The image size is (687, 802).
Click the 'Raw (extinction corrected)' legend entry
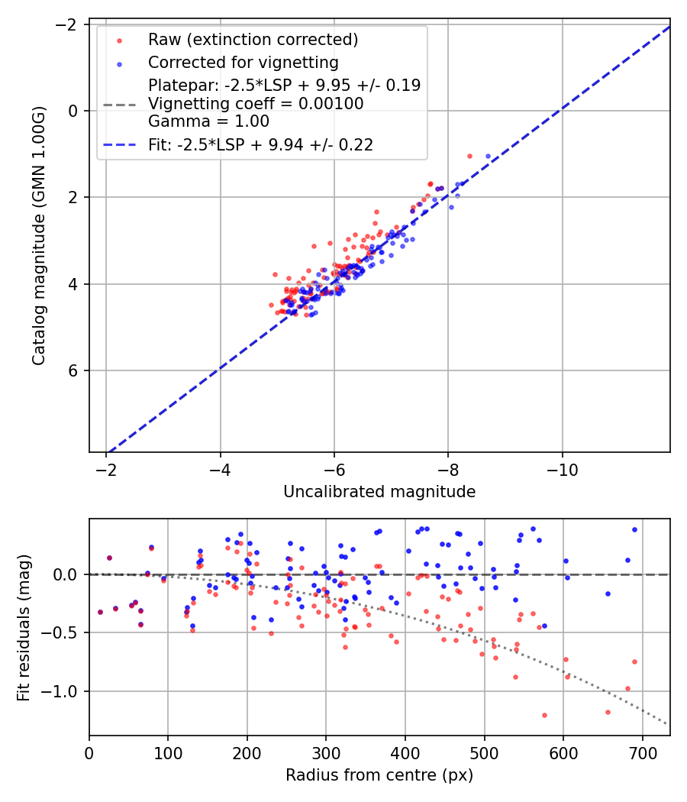tap(253, 40)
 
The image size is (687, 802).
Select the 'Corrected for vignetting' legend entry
tap(243, 62)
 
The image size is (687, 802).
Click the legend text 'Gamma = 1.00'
tap(208, 121)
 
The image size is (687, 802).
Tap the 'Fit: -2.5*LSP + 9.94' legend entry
tap(260, 145)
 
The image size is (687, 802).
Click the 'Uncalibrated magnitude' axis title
tap(379, 492)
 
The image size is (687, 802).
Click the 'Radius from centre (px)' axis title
tap(379, 775)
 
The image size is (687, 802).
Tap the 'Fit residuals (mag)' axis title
tap(24, 627)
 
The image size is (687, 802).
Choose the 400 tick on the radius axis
tap(405, 752)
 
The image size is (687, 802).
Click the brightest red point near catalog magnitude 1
tap(469, 156)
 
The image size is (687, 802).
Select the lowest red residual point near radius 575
tap(544, 715)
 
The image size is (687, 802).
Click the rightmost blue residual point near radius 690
tap(634, 529)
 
